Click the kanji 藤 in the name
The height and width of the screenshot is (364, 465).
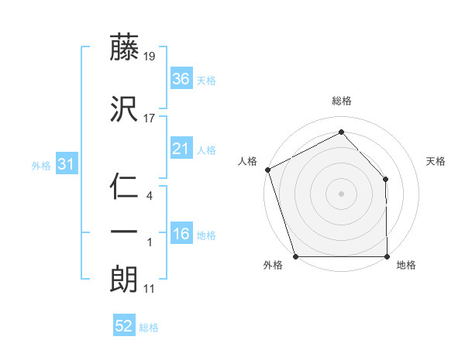click(124, 48)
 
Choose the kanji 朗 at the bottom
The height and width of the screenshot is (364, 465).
click(124, 280)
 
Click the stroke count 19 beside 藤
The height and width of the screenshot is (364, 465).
click(150, 57)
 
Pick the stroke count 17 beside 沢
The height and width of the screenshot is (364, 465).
click(150, 118)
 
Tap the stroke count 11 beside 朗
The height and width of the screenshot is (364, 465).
click(150, 289)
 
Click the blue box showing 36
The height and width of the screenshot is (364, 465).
click(181, 79)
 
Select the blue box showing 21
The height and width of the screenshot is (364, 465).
click(181, 149)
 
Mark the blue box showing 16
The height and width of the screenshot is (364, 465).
click(181, 234)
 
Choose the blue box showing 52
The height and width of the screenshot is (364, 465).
click(124, 326)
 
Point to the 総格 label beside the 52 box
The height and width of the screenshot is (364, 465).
click(149, 328)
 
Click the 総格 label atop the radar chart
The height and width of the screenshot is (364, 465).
click(341, 101)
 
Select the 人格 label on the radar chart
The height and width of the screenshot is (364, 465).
click(248, 161)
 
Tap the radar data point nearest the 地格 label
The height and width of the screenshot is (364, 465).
click(387, 256)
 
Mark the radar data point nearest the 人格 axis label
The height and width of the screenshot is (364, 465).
click(267, 169)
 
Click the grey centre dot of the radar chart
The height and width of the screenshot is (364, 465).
click(341, 193)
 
